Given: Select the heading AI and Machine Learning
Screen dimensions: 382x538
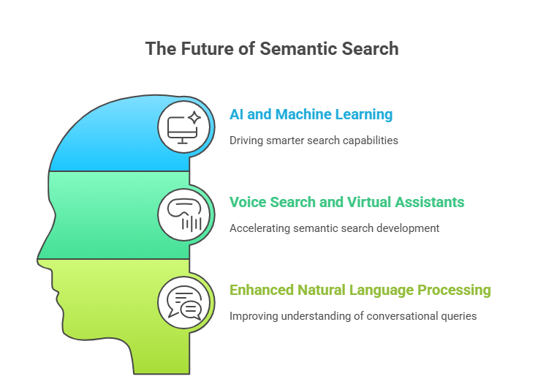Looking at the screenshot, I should point(311,114).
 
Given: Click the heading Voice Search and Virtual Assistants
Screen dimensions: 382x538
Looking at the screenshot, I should point(346,202).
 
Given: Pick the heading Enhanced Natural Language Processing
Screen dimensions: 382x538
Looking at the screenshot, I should point(360,290).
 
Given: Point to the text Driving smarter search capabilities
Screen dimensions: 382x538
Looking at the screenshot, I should point(314,140).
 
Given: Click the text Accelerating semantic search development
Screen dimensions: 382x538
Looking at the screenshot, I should point(334,228).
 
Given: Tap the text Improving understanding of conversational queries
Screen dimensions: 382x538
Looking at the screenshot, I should point(353,316).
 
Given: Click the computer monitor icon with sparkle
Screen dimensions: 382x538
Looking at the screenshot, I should point(183,127).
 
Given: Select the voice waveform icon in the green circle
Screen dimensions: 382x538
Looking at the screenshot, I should point(183,215).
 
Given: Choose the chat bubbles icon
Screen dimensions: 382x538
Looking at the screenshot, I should point(183,302).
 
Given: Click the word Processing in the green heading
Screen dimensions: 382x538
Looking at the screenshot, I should point(456,290).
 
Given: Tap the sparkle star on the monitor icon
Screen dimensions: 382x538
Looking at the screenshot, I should point(194,118).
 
